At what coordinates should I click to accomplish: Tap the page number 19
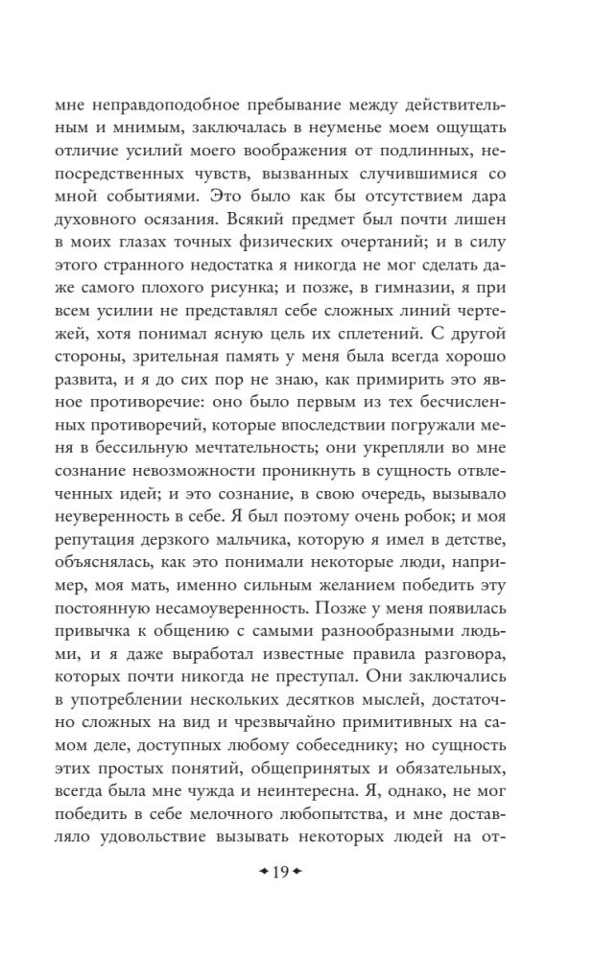pos(280,871)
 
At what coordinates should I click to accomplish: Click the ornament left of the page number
pos(260,871)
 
